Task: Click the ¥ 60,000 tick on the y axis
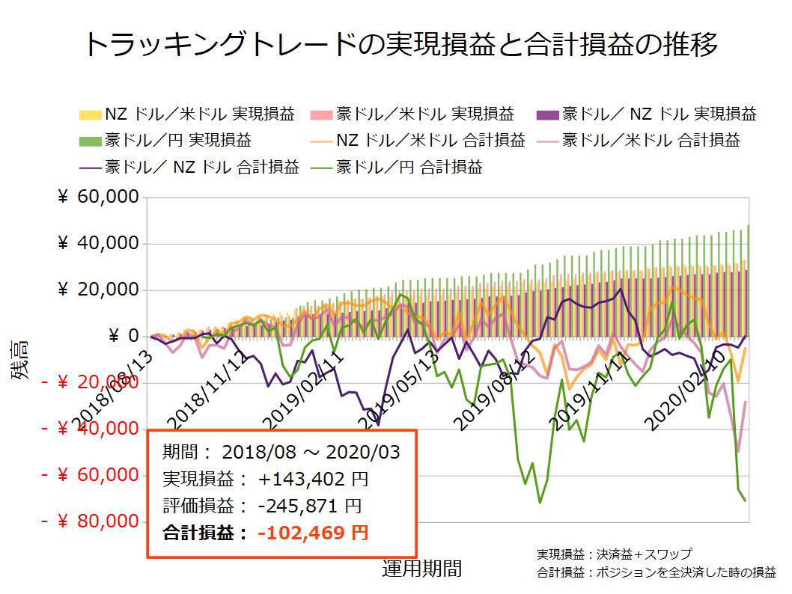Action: click(98, 198)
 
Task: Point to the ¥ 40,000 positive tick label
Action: click(98, 244)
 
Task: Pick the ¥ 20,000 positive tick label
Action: click(98, 290)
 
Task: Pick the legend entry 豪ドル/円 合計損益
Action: click(409, 167)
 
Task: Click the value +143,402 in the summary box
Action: click(312, 480)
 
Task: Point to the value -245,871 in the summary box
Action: click(310, 506)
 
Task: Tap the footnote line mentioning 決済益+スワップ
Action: click(613, 554)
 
